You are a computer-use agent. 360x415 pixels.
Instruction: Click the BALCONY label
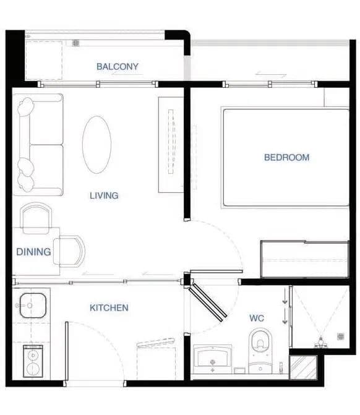[x=118, y=66]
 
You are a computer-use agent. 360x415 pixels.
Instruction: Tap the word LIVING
[x=104, y=195]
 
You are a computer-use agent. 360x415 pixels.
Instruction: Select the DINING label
[x=33, y=252]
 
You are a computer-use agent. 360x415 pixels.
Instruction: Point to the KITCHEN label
[x=109, y=307]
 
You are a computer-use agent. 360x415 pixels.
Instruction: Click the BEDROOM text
[x=286, y=158]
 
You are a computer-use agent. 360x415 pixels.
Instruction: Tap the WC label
[x=257, y=318]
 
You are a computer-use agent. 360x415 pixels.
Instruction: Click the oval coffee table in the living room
[x=96, y=145]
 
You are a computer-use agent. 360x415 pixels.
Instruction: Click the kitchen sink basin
[x=33, y=306]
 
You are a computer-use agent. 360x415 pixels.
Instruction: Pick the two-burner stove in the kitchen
[x=33, y=361]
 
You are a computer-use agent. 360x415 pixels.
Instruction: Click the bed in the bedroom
[x=285, y=158]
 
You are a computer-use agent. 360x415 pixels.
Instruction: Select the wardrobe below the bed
[x=304, y=259]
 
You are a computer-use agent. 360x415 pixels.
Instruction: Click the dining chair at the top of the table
[x=36, y=218]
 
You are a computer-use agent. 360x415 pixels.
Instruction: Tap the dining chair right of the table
[x=69, y=251]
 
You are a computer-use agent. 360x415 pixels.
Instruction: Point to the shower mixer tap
[x=321, y=342]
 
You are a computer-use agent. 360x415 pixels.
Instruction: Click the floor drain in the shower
[x=340, y=336]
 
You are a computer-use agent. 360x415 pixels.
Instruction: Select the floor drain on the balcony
[x=75, y=43]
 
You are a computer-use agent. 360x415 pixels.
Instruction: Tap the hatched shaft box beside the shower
[x=303, y=367]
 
